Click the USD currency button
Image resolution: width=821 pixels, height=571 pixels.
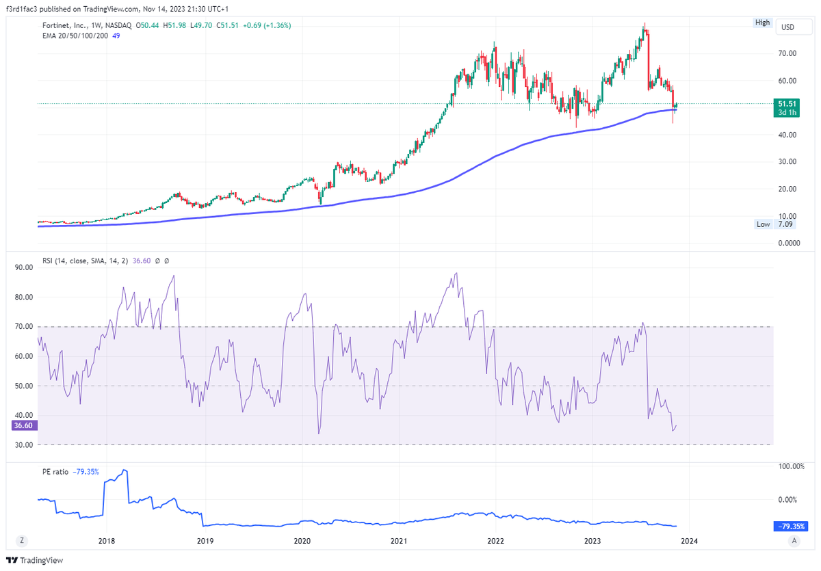(x=787, y=27)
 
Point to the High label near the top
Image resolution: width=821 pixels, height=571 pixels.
(x=762, y=23)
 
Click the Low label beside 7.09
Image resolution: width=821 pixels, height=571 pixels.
(x=763, y=224)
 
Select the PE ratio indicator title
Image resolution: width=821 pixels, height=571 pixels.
(x=54, y=472)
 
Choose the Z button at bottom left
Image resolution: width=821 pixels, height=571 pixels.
(x=23, y=540)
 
